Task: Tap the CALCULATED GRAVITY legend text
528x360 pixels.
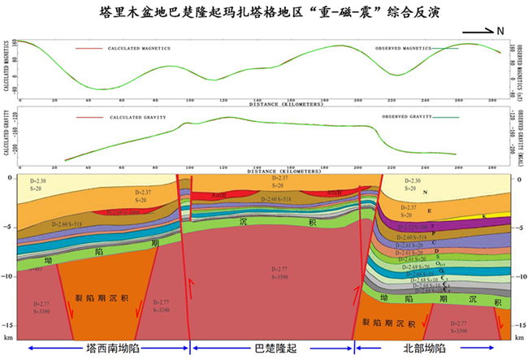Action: pyautogui.click(x=137, y=117)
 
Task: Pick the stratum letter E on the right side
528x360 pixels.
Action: pyautogui.click(x=452, y=210)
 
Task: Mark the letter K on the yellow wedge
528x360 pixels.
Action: pyautogui.click(x=485, y=217)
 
